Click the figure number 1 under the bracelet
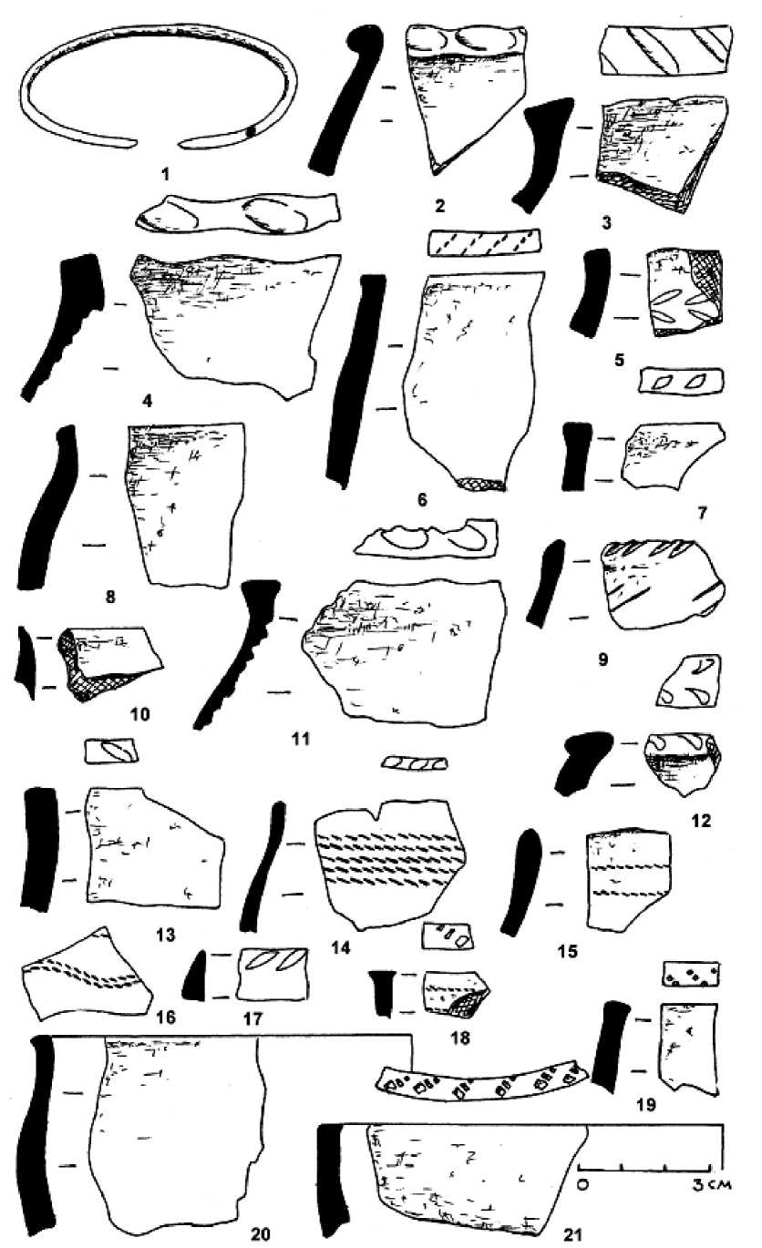165,174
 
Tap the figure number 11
301,740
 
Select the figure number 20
261,1233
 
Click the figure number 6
422,500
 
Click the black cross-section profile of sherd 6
355,382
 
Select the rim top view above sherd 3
664,49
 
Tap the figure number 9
602,660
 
